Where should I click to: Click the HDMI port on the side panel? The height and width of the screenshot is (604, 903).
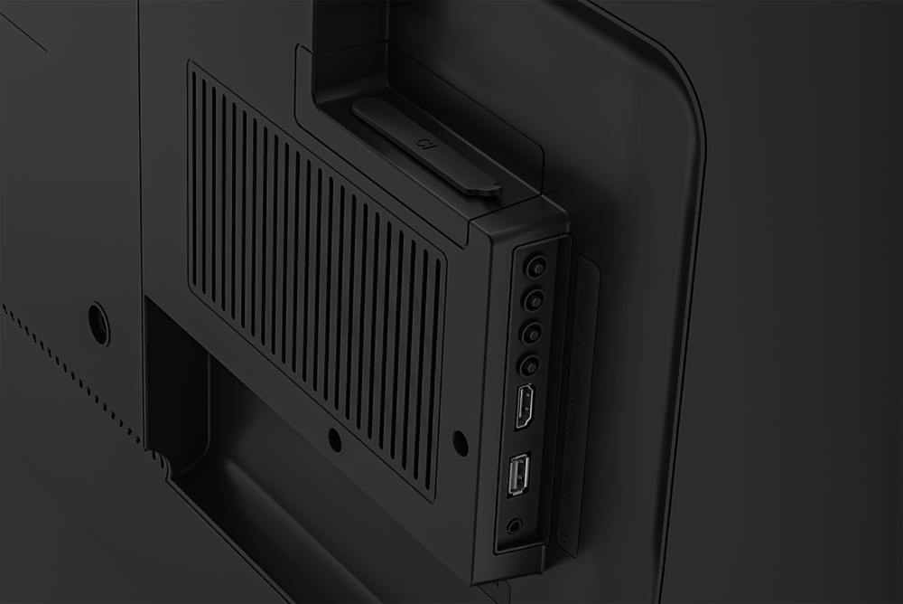tap(523, 406)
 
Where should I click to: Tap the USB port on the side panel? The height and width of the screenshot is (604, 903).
tap(519, 474)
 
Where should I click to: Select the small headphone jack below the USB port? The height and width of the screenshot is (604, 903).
tap(515, 524)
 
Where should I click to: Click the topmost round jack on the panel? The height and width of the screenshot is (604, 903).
tap(536, 267)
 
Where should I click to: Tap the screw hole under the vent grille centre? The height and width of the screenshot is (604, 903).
tap(334, 440)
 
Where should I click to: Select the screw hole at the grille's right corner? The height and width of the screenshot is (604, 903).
tap(459, 442)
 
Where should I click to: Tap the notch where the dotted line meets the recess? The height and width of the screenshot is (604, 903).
tap(161, 461)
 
